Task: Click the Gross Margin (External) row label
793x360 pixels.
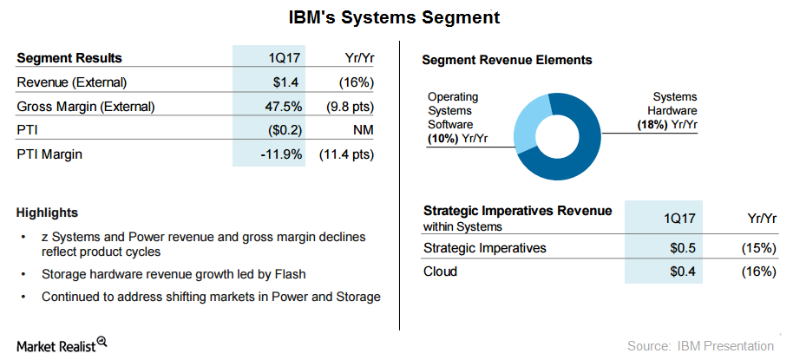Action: point(86,107)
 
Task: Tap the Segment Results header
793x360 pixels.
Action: point(69,58)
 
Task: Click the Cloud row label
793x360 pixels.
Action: point(440,272)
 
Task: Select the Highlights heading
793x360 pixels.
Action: point(47,213)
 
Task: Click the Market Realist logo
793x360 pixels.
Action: point(61,344)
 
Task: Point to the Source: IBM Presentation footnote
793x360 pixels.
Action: point(701,345)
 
